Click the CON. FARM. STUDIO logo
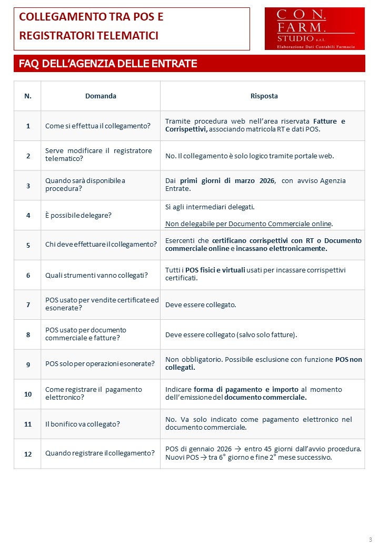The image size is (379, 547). tap(314, 29)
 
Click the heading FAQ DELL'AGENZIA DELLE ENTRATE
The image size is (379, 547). tap(108, 64)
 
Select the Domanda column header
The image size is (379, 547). tap(101, 96)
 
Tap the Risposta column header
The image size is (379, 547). tap(264, 96)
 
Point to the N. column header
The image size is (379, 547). tap(28, 96)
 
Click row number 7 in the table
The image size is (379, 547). tap(28, 305)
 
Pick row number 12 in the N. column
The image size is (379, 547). tap(28, 453)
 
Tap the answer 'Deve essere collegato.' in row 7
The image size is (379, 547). tap(201, 305)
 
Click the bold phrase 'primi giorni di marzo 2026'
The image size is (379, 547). tap(228, 180)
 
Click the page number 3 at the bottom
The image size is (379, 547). tap(370, 540)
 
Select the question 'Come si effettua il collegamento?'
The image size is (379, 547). tap(98, 126)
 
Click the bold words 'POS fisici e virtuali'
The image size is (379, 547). tap(215, 270)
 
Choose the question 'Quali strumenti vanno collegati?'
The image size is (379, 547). tap(96, 275)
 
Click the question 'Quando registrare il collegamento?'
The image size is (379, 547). tap(100, 453)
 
